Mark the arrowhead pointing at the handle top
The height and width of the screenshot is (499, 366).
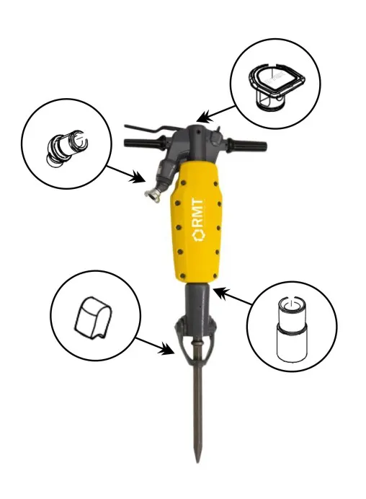click(202, 117)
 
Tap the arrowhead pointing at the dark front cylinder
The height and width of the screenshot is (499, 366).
click(218, 291)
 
